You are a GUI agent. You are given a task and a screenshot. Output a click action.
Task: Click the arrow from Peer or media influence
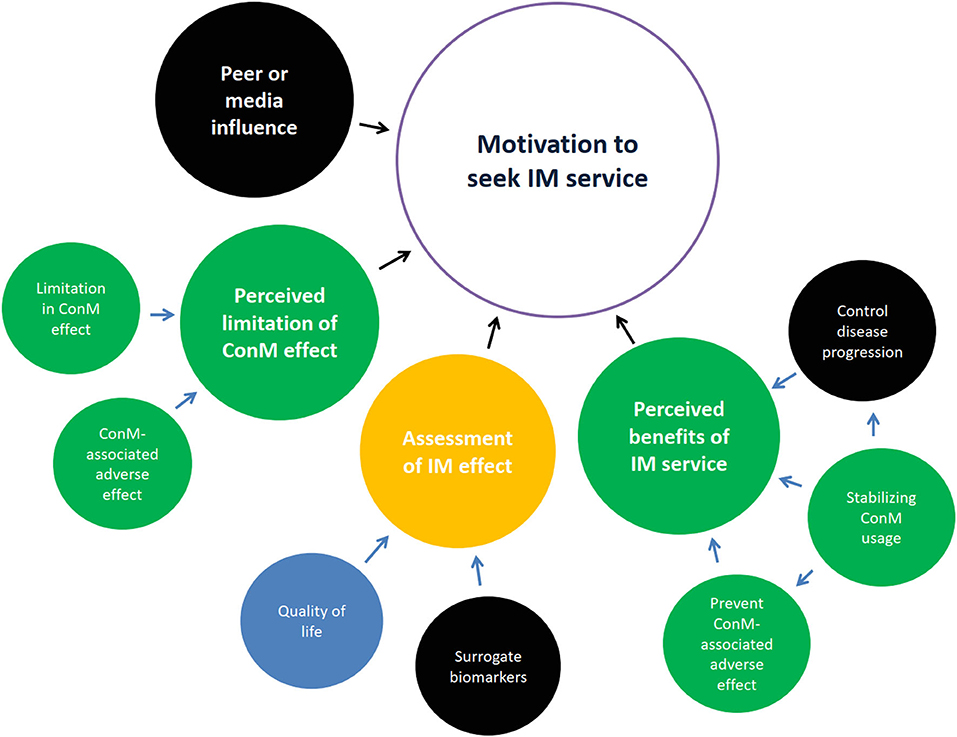tap(375, 127)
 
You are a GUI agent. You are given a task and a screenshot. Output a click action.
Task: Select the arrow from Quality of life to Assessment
tap(377, 548)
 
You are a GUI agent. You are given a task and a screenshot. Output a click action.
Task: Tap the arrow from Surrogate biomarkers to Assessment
tap(476, 570)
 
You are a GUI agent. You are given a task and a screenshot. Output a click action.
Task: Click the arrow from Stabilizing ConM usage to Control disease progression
tap(872, 426)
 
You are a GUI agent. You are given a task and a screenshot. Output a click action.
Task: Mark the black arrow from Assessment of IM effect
tap(494, 333)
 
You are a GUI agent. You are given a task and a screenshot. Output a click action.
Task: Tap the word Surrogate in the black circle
tap(487, 657)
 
